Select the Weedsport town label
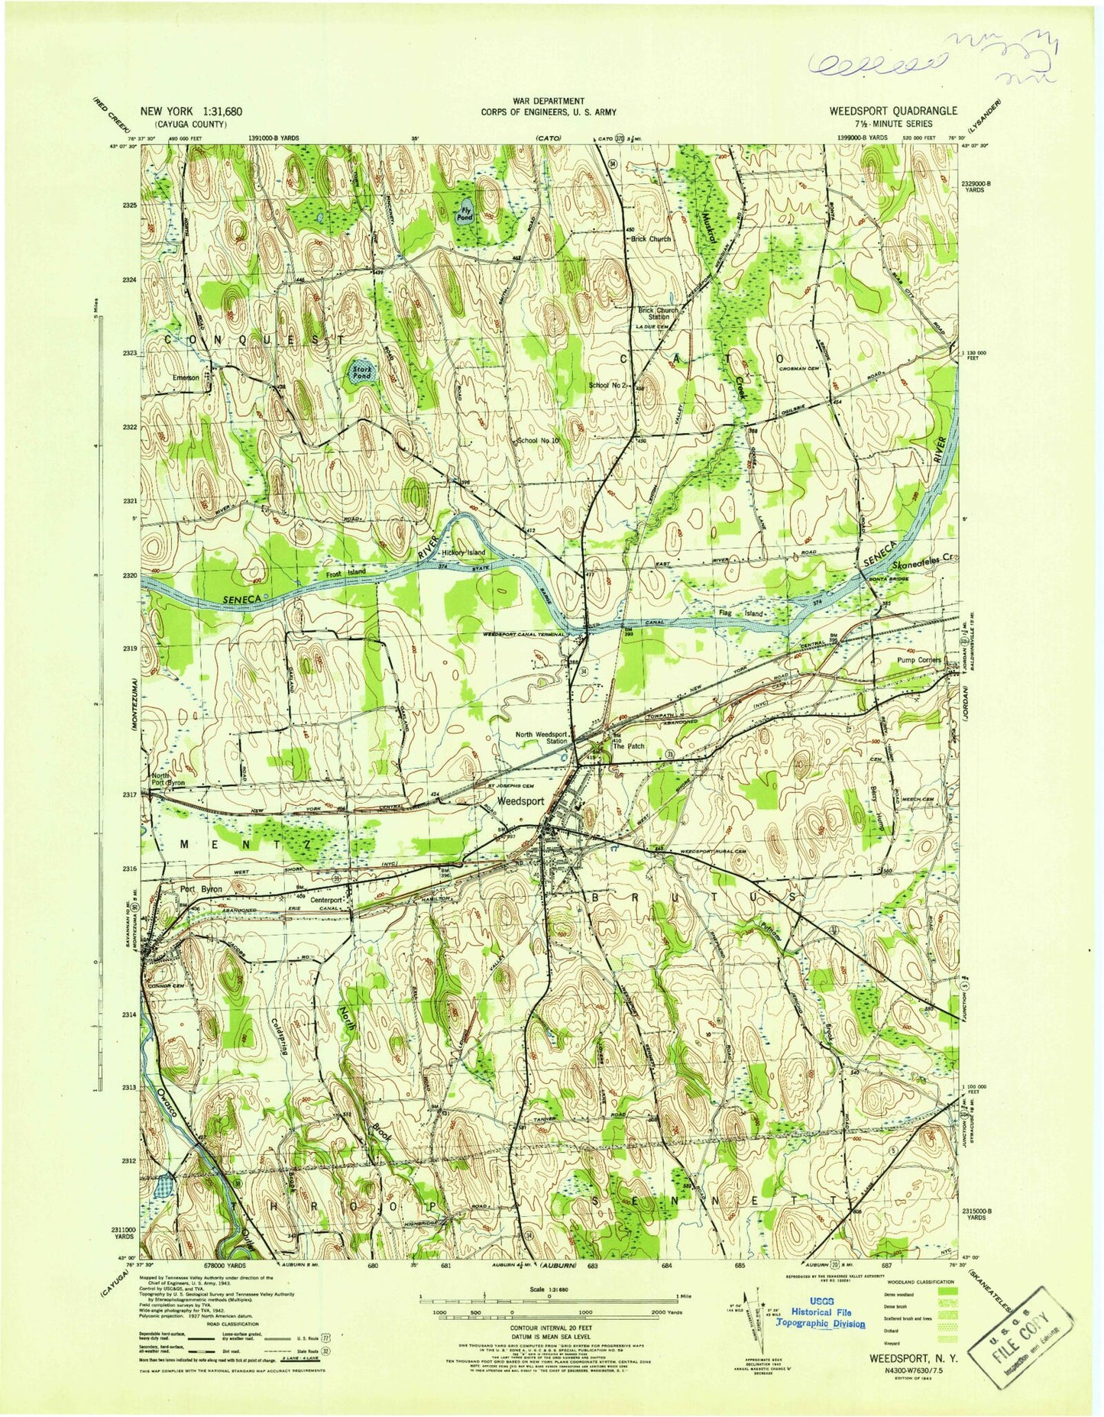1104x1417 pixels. (520, 802)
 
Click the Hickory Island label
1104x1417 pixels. (463, 552)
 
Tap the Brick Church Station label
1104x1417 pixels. (658, 313)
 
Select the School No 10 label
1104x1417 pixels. (539, 441)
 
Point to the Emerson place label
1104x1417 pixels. (186, 377)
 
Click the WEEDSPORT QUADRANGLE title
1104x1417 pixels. (893, 111)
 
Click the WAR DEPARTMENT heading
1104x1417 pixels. (548, 101)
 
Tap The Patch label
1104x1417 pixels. (630, 746)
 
